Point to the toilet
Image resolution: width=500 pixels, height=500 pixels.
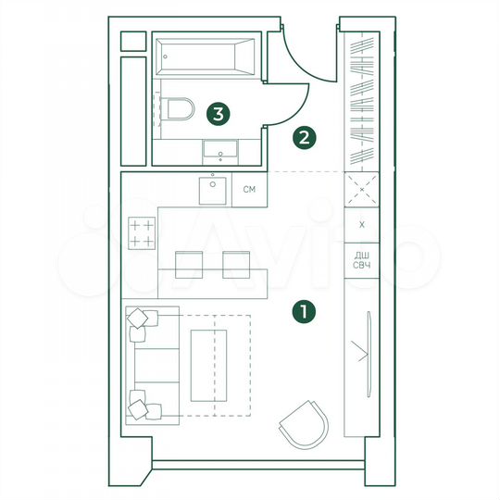[x=179, y=110]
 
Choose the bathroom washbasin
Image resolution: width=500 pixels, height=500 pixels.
[x=219, y=149]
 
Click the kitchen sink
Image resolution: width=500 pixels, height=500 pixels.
[x=215, y=190]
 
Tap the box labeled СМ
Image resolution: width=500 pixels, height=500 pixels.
[x=249, y=190]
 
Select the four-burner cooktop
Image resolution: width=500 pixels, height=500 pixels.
[x=141, y=232]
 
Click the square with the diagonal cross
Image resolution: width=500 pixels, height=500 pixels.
[x=362, y=190]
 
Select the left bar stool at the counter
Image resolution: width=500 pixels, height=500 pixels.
[x=189, y=263]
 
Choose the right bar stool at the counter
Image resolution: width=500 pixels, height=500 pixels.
[x=238, y=263]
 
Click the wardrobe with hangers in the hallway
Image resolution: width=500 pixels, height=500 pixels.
[x=362, y=97]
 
